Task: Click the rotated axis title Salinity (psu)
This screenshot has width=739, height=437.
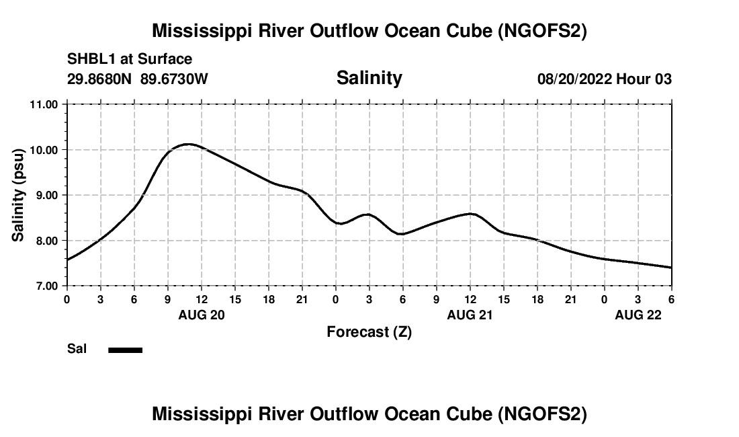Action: [18, 195]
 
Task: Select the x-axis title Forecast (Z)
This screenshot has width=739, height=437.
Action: [369, 331]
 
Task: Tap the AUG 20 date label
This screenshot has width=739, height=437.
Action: [202, 314]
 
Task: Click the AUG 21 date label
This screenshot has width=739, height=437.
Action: [470, 314]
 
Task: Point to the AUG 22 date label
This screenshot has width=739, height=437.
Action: [638, 314]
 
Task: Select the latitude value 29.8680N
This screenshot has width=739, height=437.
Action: [100, 79]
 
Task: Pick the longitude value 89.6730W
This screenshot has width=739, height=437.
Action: [174, 79]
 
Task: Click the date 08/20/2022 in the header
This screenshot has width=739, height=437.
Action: [574, 79]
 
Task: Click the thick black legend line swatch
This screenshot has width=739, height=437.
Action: [126, 350]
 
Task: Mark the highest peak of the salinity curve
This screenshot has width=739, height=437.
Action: [189, 144]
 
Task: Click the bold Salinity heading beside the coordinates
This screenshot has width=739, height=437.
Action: [369, 77]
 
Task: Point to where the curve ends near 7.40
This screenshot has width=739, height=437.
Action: [670, 268]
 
